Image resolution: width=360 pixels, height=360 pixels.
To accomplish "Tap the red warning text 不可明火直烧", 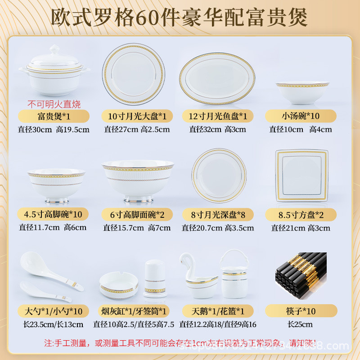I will pos(54,104).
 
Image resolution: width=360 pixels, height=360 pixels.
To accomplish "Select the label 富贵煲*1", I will pos(54,116).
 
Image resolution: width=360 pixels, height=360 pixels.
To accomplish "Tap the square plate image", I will pos(302,175).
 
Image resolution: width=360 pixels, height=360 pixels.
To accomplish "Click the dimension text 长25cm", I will pos(300,324).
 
